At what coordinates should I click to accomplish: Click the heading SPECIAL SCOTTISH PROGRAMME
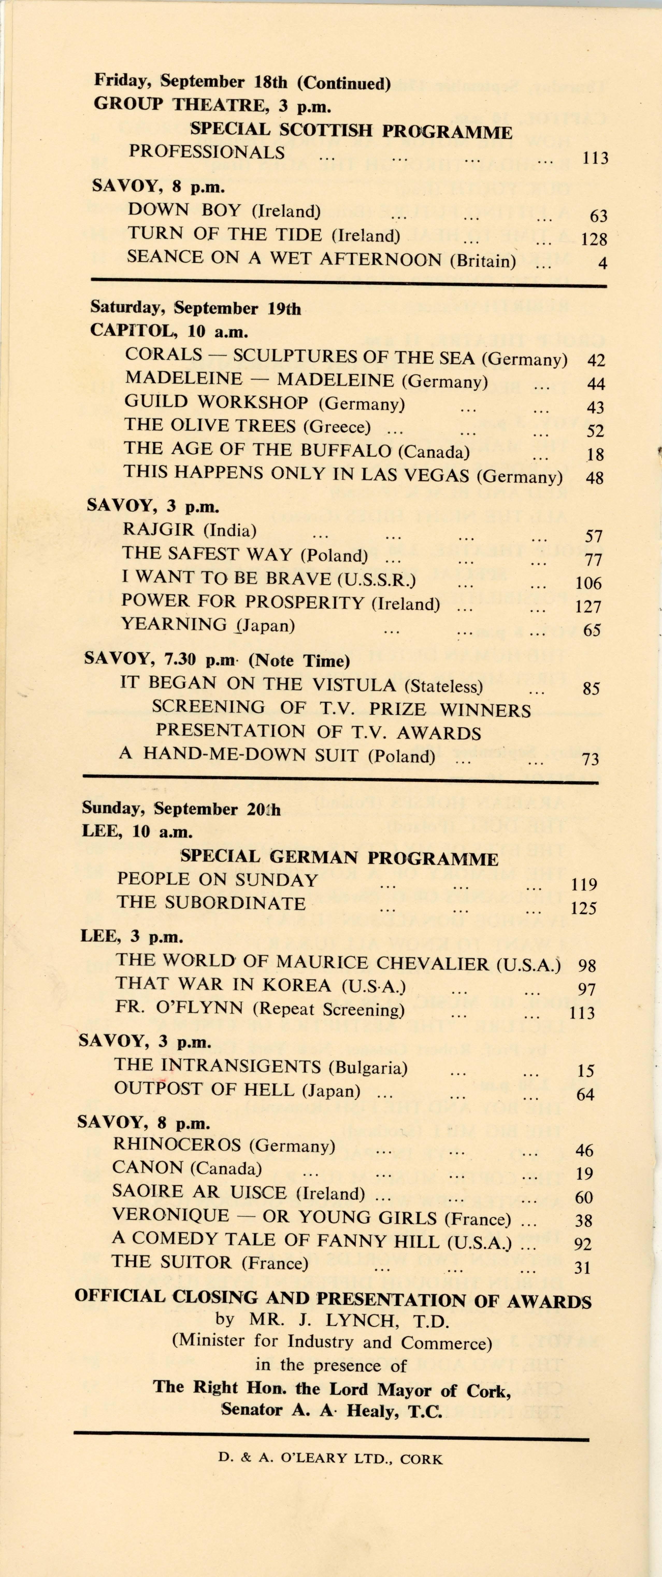[x=351, y=130]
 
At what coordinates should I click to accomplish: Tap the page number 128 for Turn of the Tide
[x=593, y=239]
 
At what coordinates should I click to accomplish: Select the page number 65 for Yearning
[x=592, y=630]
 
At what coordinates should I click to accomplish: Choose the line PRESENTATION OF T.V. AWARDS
[x=318, y=732]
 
